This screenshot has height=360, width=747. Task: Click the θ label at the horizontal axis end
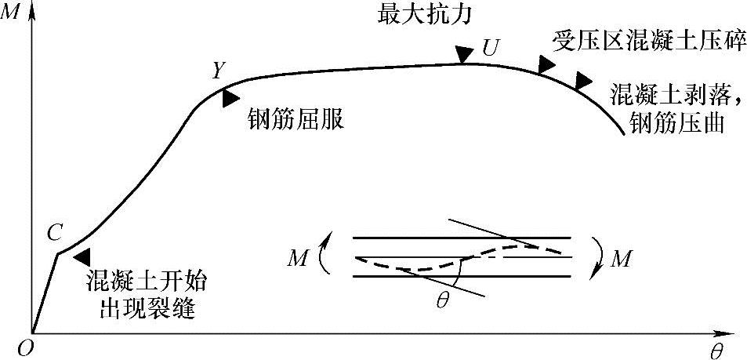(x=716, y=351)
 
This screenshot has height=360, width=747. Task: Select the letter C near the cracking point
(x=54, y=232)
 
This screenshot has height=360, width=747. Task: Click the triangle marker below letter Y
(x=230, y=98)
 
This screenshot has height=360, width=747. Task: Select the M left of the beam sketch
(x=297, y=258)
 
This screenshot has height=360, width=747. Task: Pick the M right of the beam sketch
(x=621, y=258)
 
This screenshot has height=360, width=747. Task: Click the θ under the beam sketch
(x=443, y=301)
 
